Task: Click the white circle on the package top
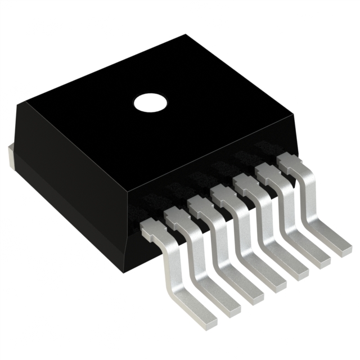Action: coord(151,102)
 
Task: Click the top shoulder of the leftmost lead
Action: coord(151,227)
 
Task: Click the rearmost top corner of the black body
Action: coord(186,35)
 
